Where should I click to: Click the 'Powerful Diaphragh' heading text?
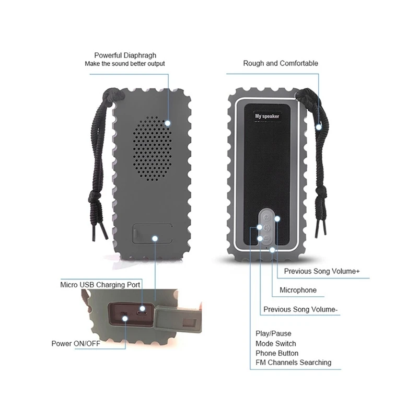click(x=125, y=55)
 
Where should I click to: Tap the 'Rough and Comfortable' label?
click(x=281, y=63)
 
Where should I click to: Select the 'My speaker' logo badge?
click(x=267, y=116)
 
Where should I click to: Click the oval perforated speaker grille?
click(x=152, y=148)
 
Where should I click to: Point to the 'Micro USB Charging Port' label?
click(x=100, y=285)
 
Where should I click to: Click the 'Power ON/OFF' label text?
click(x=76, y=343)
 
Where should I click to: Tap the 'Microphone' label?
click(x=298, y=290)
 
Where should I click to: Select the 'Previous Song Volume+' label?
click(x=322, y=271)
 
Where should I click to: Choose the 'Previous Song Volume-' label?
click(x=300, y=309)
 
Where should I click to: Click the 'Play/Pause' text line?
click(x=273, y=333)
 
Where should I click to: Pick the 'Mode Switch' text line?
click(x=276, y=343)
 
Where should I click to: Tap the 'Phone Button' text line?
click(x=277, y=353)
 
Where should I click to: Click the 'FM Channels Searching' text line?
click(x=293, y=363)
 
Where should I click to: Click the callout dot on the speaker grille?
click(x=167, y=123)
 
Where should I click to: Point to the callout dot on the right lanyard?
click(x=319, y=127)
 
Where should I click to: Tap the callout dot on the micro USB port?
click(x=142, y=309)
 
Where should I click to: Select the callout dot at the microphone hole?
click(x=272, y=250)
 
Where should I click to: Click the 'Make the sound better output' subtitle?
click(x=125, y=64)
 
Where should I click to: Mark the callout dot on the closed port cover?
click(x=155, y=238)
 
